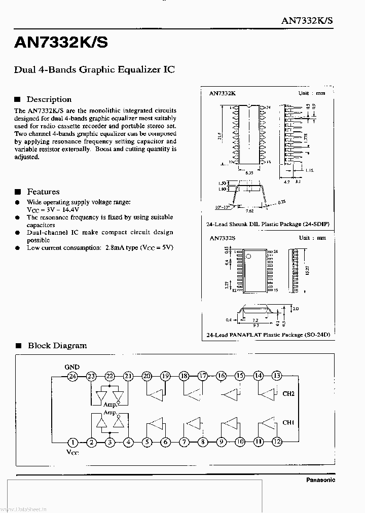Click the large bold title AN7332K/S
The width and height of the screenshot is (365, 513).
(x=60, y=43)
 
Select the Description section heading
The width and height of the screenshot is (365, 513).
(x=49, y=99)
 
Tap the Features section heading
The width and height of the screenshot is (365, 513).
(x=43, y=192)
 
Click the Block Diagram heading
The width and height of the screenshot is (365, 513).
(x=57, y=346)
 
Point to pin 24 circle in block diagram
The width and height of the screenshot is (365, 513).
(x=72, y=376)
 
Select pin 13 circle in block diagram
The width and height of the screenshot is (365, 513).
(x=276, y=376)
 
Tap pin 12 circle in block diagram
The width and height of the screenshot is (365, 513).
(x=277, y=442)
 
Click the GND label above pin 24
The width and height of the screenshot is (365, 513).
(x=72, y=367)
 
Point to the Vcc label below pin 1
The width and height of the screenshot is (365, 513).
(x=73, y=452)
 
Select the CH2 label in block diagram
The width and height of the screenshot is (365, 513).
(x=288, y=394)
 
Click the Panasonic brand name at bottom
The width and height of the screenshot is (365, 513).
(x=320, y=480)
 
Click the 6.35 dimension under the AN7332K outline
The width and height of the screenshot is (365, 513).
(x=249, y=173)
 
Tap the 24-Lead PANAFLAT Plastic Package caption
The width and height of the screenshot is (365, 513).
(x=268, y=335)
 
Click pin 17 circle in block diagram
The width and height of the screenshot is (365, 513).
(x=202, y=376)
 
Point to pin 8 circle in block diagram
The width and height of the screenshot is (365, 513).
(x=202, y=442)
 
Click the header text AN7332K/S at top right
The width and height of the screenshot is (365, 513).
(x=307, y=21)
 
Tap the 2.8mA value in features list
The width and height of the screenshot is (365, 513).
(x=115, y=248)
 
